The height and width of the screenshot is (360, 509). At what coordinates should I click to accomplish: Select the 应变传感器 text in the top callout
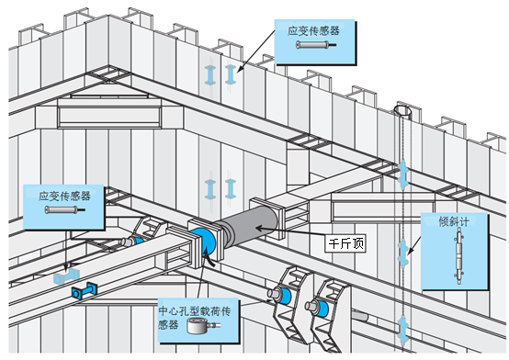click(x=313, y=30)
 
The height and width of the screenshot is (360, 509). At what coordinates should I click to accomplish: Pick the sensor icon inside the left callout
click(x=62, y=211)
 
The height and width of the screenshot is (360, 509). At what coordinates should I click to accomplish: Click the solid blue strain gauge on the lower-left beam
click(x=83, y=292)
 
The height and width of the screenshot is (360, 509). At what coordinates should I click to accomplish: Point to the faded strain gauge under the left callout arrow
click(x=67, y=275)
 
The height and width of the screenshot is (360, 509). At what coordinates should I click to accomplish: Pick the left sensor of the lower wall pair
click(x=211, y=188)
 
